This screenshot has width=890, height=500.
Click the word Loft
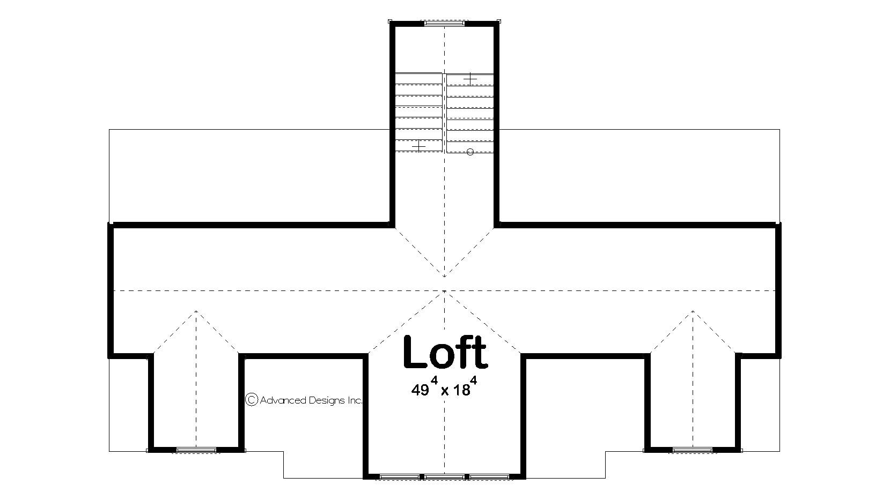tap(445, 353)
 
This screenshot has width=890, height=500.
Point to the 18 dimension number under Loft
tap(461, 391)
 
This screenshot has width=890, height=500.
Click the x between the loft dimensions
tap(445, 392)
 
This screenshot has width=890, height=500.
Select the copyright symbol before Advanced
tap(251, 399)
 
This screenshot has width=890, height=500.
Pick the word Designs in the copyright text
tap(326, 400)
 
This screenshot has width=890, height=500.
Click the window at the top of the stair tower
tap(444, 24)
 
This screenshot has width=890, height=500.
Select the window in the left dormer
tap(196, 450)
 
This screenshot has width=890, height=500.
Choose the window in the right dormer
tap(693, 450)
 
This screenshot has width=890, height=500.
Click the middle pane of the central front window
tap(445, 476)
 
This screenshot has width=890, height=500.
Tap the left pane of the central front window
tap(400, 476)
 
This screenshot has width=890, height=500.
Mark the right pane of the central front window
tap(489, 476)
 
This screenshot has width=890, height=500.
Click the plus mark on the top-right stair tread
tap(470, 79)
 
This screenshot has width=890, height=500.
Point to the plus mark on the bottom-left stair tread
tap(418, 146)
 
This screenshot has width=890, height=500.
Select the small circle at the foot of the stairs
tap(470, 152)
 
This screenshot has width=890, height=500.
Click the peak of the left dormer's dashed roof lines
tap(196, 311)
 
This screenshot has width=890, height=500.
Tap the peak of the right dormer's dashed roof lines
tap(693, 311)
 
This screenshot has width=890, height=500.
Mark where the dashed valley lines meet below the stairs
tap(445, 276)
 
